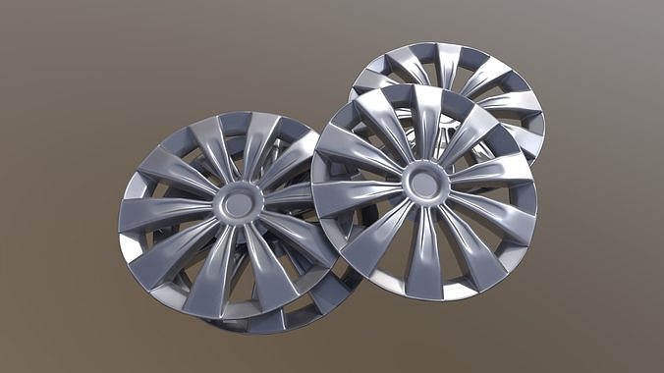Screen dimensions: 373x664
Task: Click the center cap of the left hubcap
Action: (x=236, y=204)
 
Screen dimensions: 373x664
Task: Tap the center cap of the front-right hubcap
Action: (x=424, y=182)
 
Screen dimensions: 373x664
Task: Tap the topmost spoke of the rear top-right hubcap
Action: (x=448, y=61)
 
